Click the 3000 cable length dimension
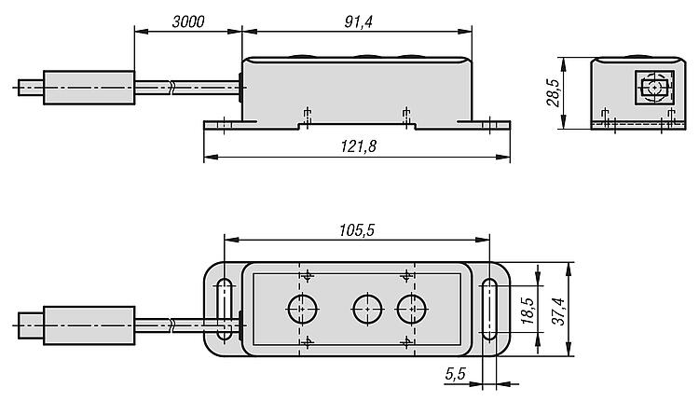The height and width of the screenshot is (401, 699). pos(188,21)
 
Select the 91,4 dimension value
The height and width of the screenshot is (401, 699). pos(358,21)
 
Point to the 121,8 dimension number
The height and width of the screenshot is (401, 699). pos(359,145)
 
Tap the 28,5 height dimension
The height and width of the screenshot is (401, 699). pos(553,92)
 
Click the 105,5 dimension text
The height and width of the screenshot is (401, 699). pos(357,230)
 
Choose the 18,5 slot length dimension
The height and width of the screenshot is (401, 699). pos(528,310)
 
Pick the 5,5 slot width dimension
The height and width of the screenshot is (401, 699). pos(455,373)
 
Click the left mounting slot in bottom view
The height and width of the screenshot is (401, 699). pos(225,310)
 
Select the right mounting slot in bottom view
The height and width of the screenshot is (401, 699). pos(489,310)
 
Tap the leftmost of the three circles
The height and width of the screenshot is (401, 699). pos(302,309)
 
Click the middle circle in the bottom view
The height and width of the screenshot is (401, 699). pos(367,309)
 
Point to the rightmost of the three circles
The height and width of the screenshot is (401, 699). pos(411,309)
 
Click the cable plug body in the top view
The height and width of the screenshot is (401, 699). pos(89,88)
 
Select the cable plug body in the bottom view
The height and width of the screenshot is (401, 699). pos(89,325)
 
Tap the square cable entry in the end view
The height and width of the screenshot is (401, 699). pos(654,87)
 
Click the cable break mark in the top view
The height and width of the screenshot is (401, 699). pos(171,88)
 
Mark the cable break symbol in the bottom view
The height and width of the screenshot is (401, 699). pos(171,325)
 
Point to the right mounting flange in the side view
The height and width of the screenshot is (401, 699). pos(484,125)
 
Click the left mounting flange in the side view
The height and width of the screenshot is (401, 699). pos(230,125)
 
